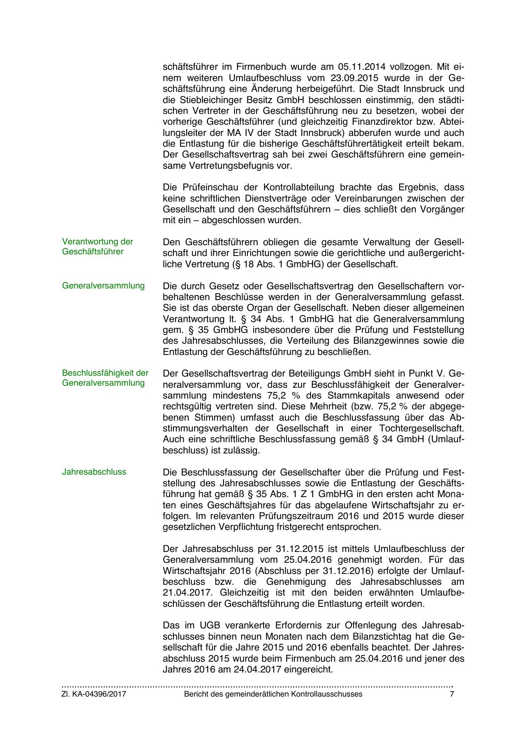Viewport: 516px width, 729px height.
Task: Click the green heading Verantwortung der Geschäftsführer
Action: (x=98, y=247)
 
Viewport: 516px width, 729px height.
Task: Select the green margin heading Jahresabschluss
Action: (x=94, y=472)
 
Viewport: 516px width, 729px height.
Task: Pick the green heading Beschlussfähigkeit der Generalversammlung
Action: (x=105, y=378)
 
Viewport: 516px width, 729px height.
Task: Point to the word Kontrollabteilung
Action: (x=299, y=187)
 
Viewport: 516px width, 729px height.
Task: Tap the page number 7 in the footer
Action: (x=452, y=694)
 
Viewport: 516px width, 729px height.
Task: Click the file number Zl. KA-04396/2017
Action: (x=94, y=694)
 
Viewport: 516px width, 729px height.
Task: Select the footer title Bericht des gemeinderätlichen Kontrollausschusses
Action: (x=273, y=694)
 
